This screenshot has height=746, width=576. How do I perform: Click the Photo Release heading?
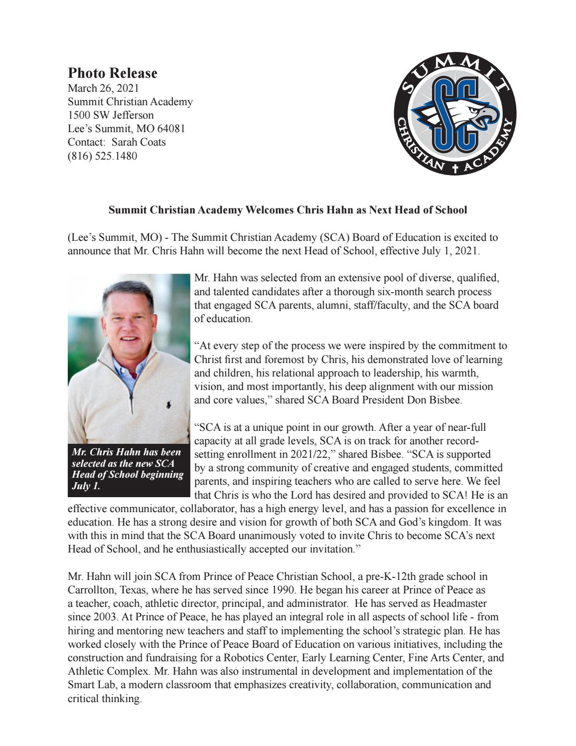tap(112, 73)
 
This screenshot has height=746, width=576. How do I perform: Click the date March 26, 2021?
tap(103, 88)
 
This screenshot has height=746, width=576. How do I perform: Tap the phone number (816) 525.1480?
tap(102, 156)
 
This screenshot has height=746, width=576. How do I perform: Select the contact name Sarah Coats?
tap(139, 142)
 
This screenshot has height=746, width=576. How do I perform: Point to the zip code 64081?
tap(172, 129)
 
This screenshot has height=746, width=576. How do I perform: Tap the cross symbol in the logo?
tap(454, 169)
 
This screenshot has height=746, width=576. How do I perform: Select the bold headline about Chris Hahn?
tap(288, 210)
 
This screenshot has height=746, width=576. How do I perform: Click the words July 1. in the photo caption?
tap(86, 486)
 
